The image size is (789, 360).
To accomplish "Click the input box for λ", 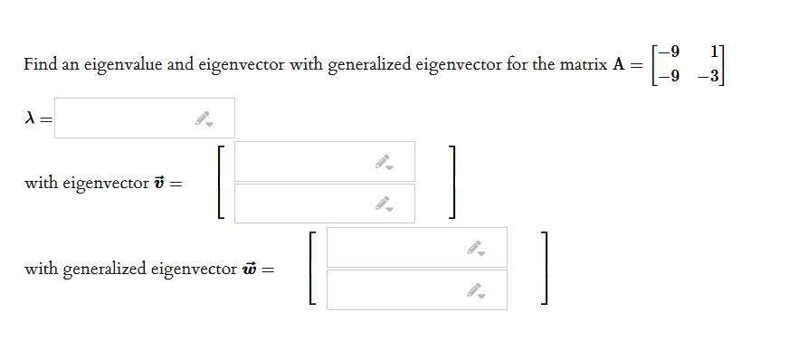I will point(127,118).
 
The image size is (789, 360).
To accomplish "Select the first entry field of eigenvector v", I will point(308,161).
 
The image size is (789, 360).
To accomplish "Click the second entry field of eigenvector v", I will point(308,204).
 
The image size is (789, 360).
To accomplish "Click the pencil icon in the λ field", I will point(205,118).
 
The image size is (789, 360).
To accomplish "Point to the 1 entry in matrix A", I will point(716,50).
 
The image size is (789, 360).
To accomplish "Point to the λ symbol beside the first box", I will point(31,118).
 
